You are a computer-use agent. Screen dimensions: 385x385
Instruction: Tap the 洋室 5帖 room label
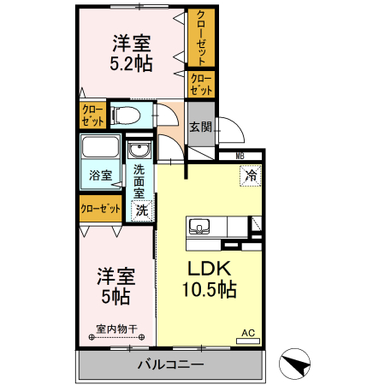115,287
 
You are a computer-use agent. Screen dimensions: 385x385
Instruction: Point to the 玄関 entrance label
200,127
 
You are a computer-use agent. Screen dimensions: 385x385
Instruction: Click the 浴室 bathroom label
101,175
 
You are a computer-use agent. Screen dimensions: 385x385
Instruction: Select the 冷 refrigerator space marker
252,175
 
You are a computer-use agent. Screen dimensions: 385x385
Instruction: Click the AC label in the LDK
248,334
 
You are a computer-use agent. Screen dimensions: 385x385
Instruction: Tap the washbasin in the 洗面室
139,151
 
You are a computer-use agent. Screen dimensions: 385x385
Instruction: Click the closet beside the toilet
92,115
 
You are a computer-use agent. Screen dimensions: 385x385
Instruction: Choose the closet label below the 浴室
100,208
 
